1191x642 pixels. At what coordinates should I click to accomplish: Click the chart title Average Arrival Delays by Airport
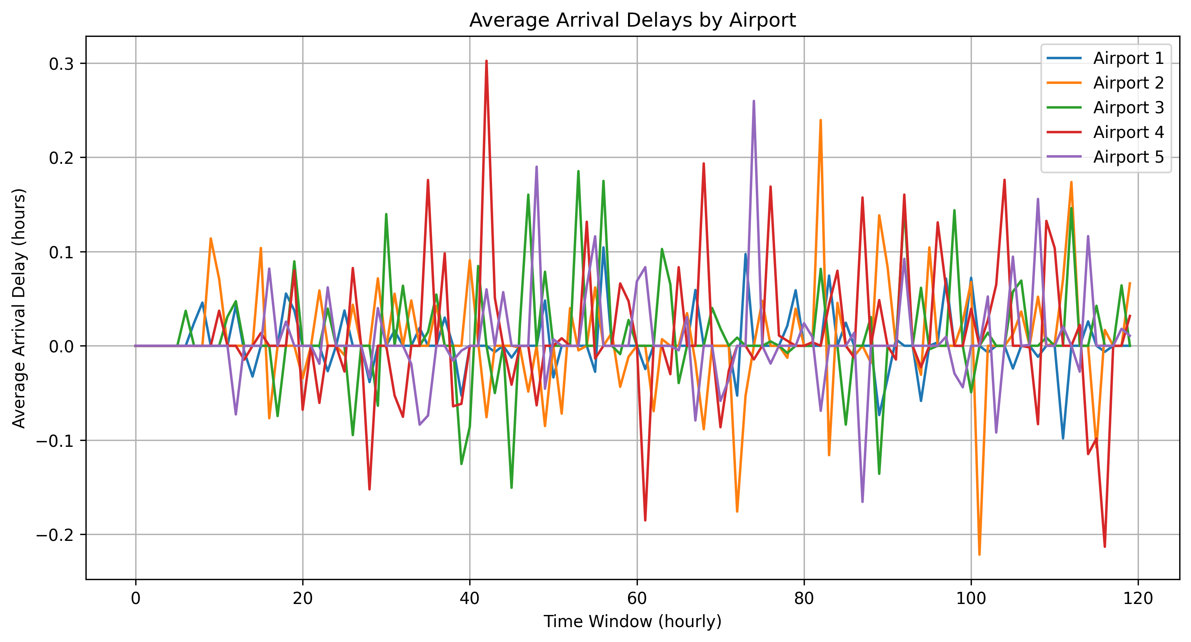pyautogui.click(x=632, y=20)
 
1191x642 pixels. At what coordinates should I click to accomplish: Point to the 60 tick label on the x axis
pyautogui.click(x=637, y=598)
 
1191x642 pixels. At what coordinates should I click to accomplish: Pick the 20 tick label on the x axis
pyautogui.click(x=303, y=598)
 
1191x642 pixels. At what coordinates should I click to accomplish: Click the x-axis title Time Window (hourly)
pyautogui.click(x=632, y=622)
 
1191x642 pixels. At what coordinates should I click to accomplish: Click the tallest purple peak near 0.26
pyautogui.click(x=753, y=101)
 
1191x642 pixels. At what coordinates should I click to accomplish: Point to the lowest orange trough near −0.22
pyautogui.click(x=979, y=554)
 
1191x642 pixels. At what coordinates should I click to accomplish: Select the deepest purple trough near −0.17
pyautogui.click(x=862, y=502)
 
